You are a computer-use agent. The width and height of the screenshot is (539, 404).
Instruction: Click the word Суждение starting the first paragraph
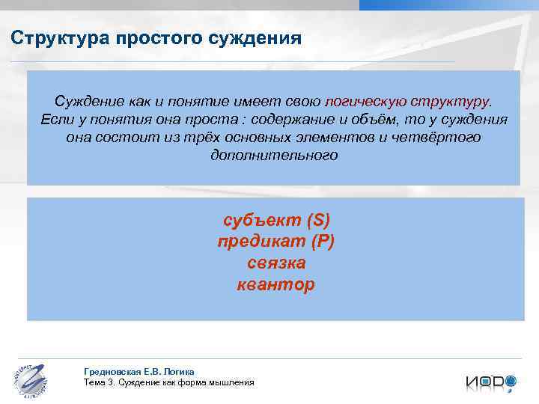pos(86,102)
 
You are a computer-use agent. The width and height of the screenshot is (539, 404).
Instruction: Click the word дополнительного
pos(274,156)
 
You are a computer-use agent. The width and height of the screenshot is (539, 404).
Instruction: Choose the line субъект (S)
pos(276,221)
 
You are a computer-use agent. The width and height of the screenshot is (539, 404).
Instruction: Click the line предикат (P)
pos(276,242)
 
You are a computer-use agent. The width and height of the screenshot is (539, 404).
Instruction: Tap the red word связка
pos(276,263)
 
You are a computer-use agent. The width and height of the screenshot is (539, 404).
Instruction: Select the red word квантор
pos(276,285)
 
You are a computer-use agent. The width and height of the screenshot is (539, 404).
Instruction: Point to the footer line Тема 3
pos(169,382)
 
